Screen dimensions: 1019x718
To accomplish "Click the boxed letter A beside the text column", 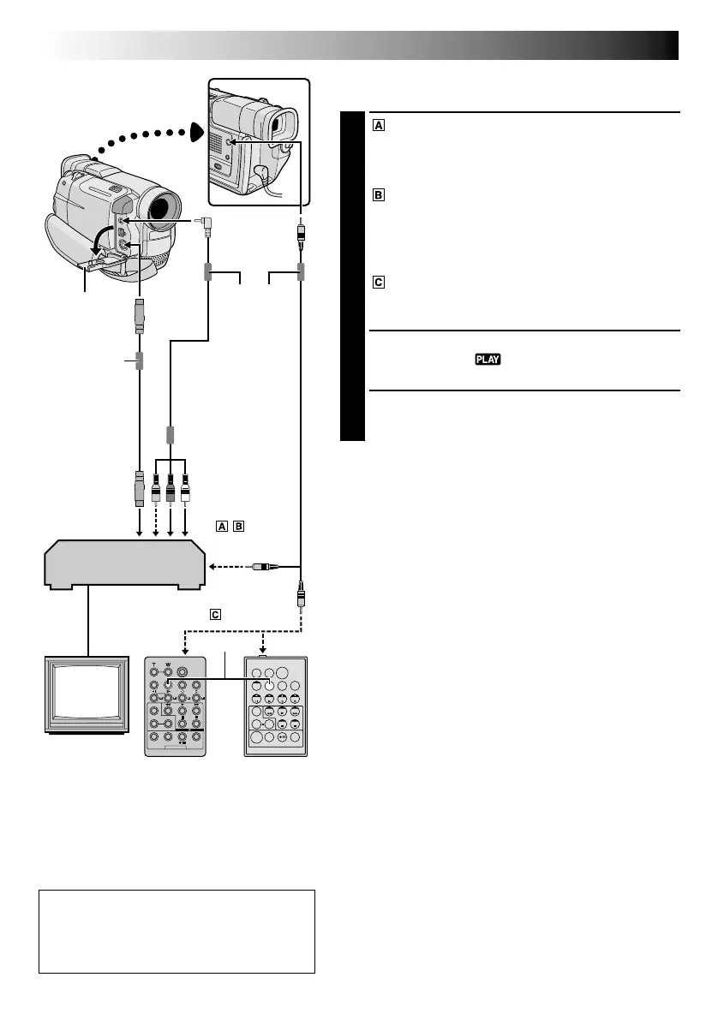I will (x=378, y=125).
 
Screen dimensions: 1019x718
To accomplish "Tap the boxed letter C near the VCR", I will (x=216, y=614).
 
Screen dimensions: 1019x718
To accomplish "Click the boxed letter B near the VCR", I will (x=237, y=527).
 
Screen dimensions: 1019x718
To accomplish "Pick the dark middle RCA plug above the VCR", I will (x=171, y=493).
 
